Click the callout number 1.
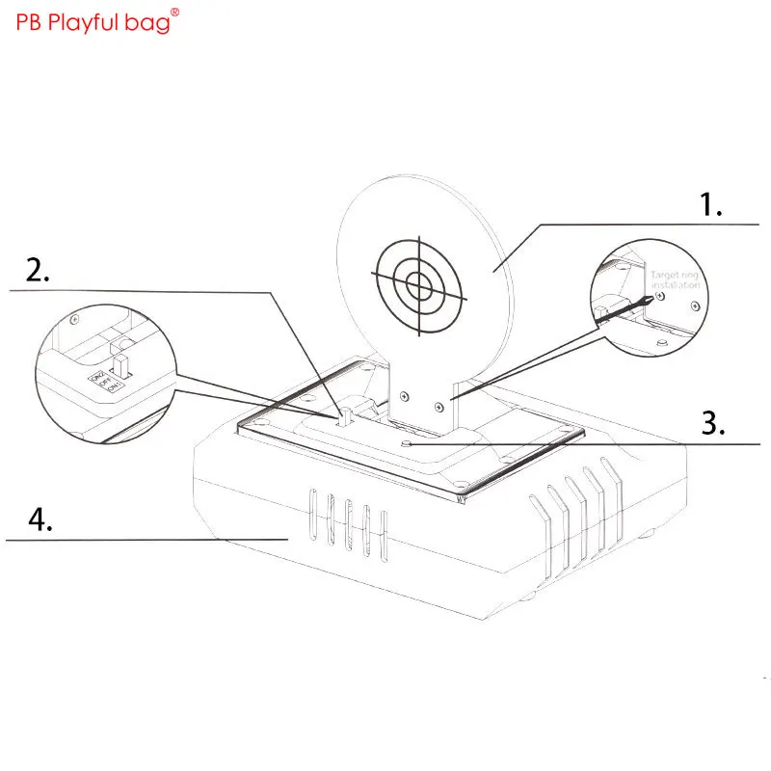pyautogui.click(x=710, y=204)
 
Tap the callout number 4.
pyautogui.click(x=40, y=520)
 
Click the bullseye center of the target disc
pyautogui.click(x=419, y=283)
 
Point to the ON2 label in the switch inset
pyautogui.click(x=95, y=377)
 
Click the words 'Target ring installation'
pyautogui.click(x=675, y=280)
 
